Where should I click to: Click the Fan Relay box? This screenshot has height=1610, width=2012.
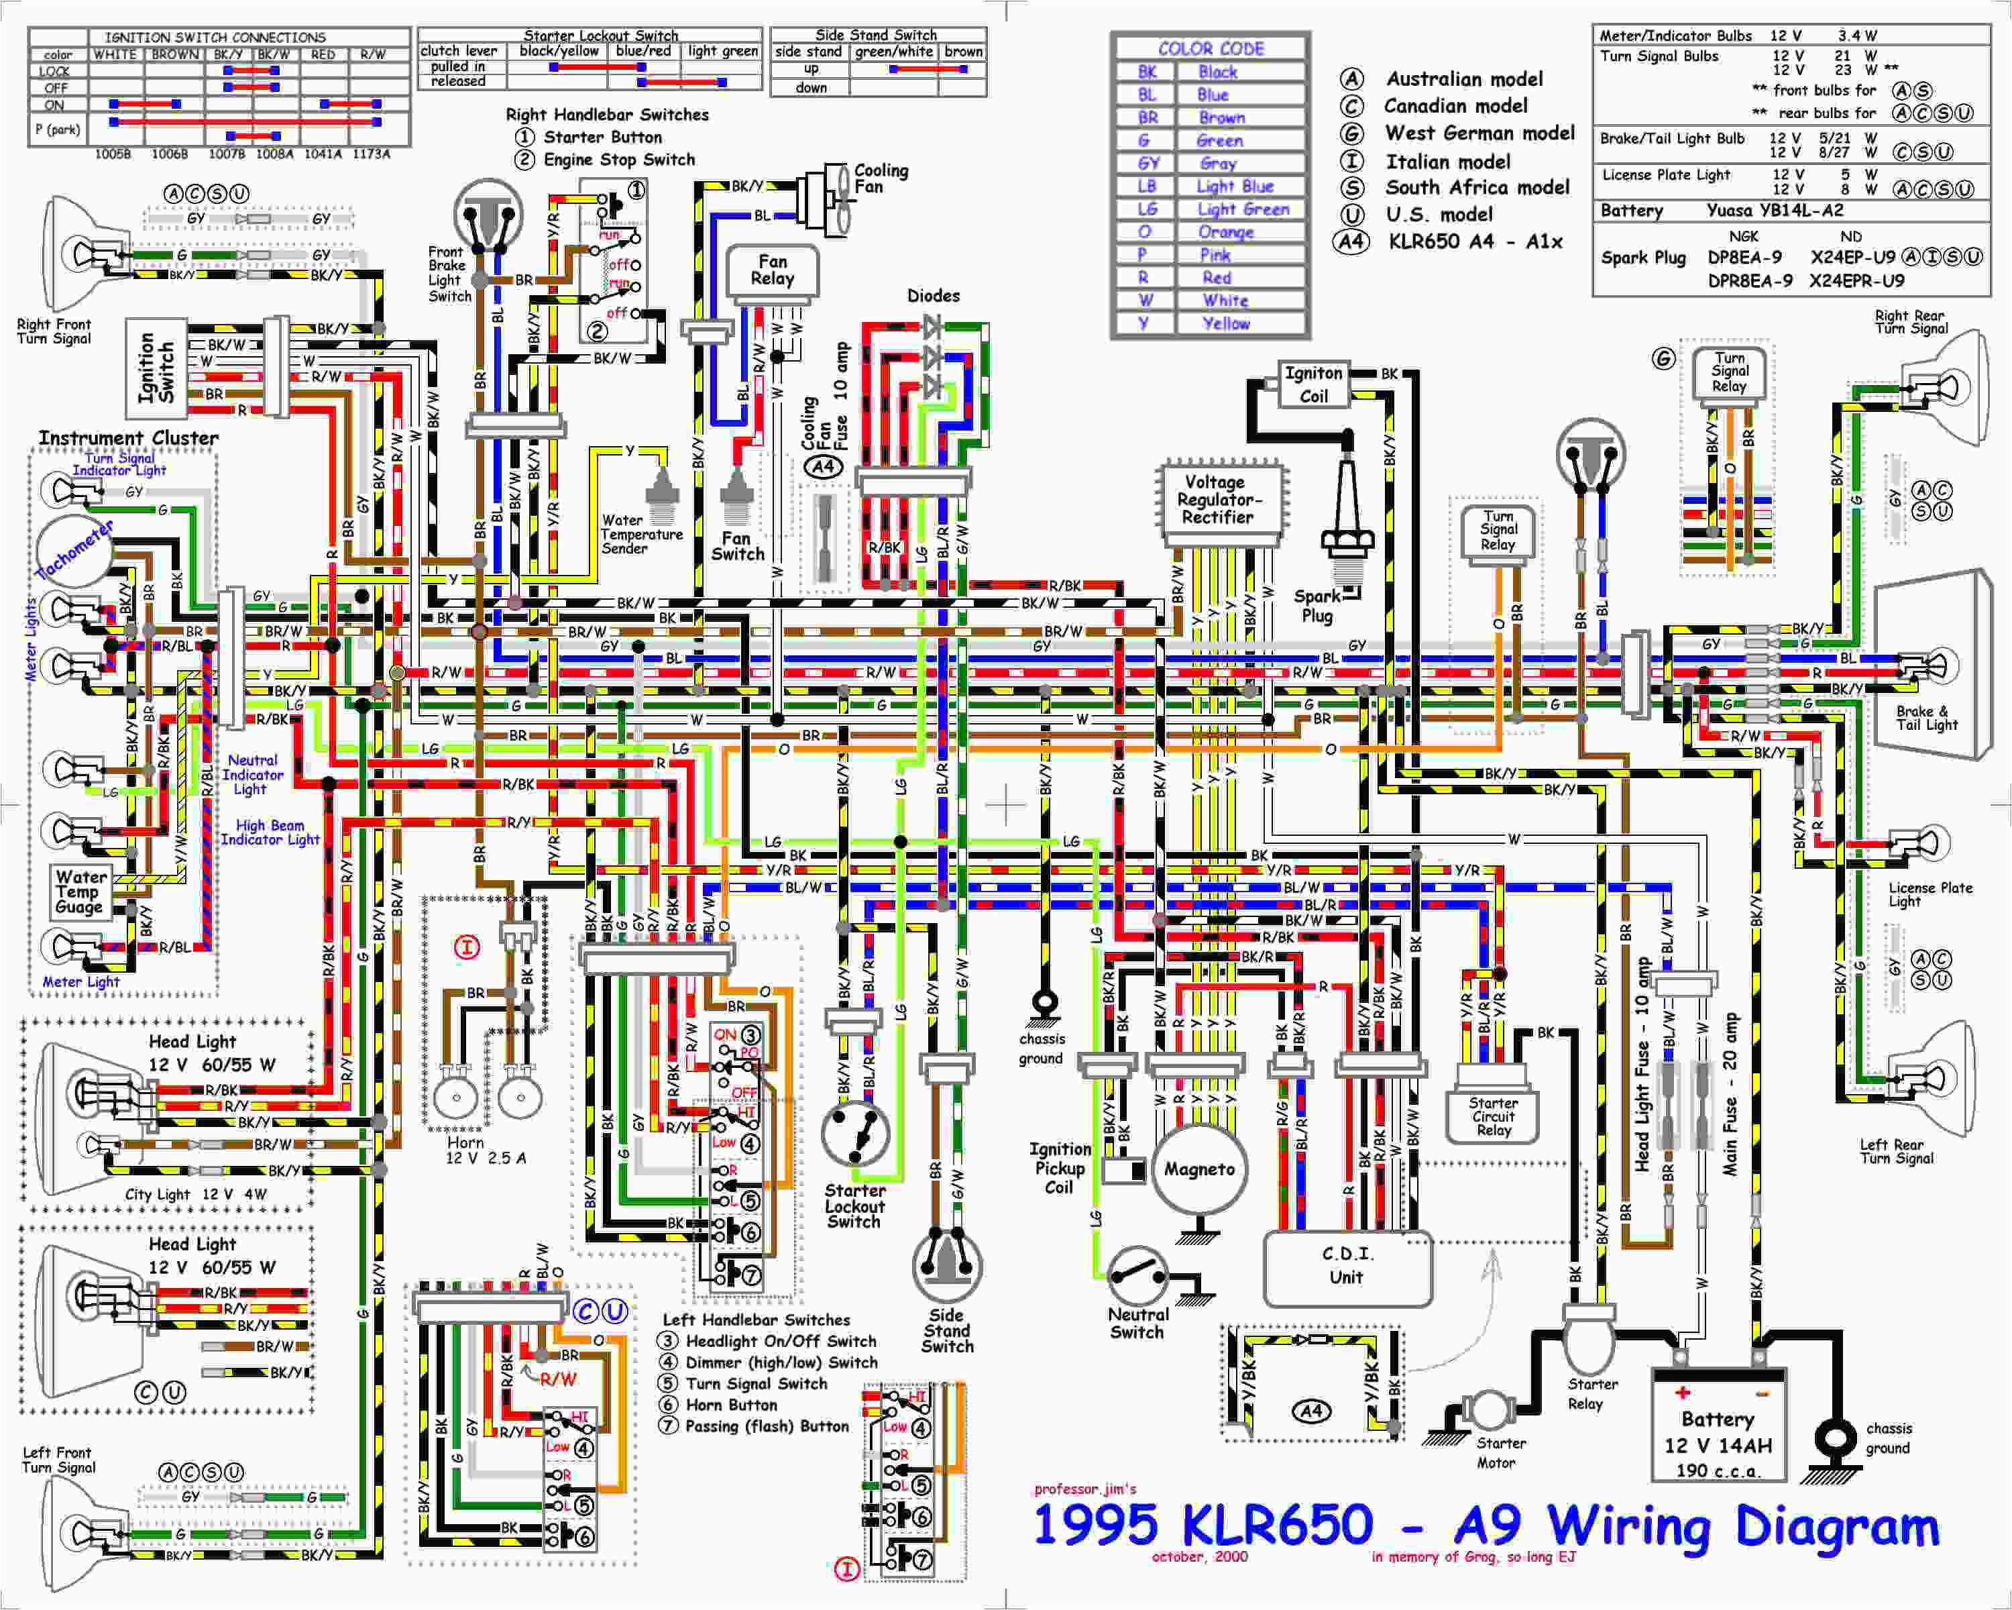point(772,270)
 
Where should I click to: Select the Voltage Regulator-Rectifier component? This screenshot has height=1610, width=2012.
point(1216,500)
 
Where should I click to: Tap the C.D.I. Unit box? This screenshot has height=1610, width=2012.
point(1347,1267)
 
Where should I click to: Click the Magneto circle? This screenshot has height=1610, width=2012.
point(1199,1169)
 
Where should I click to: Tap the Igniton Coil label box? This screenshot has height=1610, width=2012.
point(1313,384)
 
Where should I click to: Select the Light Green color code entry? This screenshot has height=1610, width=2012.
point(1242,209)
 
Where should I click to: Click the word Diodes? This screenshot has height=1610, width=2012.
point(933,296)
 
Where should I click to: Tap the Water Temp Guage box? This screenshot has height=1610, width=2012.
point(80,892)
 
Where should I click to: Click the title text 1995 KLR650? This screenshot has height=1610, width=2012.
point(1204,1524)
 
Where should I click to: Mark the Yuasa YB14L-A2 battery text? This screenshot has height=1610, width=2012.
point(1774,211)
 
